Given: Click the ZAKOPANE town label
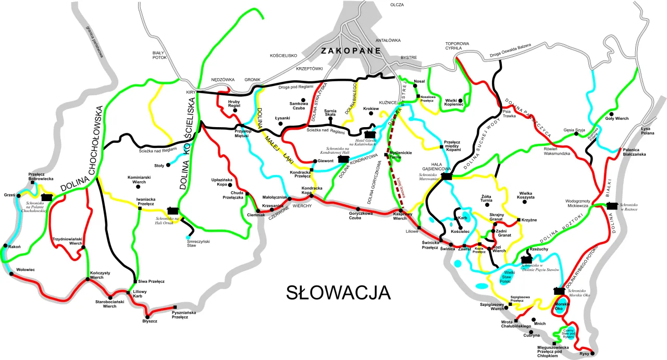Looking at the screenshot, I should (x=351, y=51).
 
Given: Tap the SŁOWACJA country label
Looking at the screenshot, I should (x=338, y=292).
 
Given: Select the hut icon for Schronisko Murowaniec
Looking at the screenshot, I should (x=446, y=177).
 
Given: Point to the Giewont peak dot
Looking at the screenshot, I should (x=314, y=161).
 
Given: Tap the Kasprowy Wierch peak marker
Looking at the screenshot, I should (x=401, y=210).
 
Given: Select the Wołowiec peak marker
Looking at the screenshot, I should (x=10, y=274).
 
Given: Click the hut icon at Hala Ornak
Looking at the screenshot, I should (x=172, y=210).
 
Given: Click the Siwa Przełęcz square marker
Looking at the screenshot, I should (x=135, y=281).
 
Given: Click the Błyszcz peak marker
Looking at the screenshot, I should (x=147, y=316).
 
